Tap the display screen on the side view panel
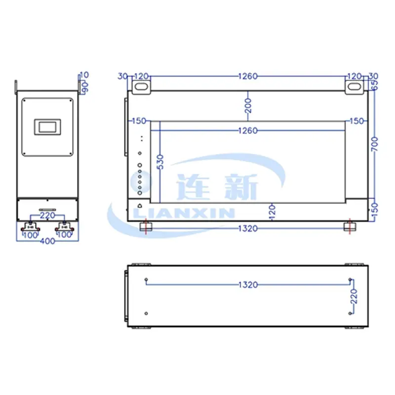(47, 126)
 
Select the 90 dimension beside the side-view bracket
(84, 86)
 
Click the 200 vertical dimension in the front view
(248, 106)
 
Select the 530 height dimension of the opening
(159, 162)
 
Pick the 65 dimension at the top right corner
(375, 84)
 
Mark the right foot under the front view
(349, 227)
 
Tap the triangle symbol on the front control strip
(140, 206)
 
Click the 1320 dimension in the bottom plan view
(248, 284)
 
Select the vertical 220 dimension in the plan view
(354, 296)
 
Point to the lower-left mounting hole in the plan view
(147, 313)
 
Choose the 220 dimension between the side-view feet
(47, 215)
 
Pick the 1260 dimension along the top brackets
(248, 77)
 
